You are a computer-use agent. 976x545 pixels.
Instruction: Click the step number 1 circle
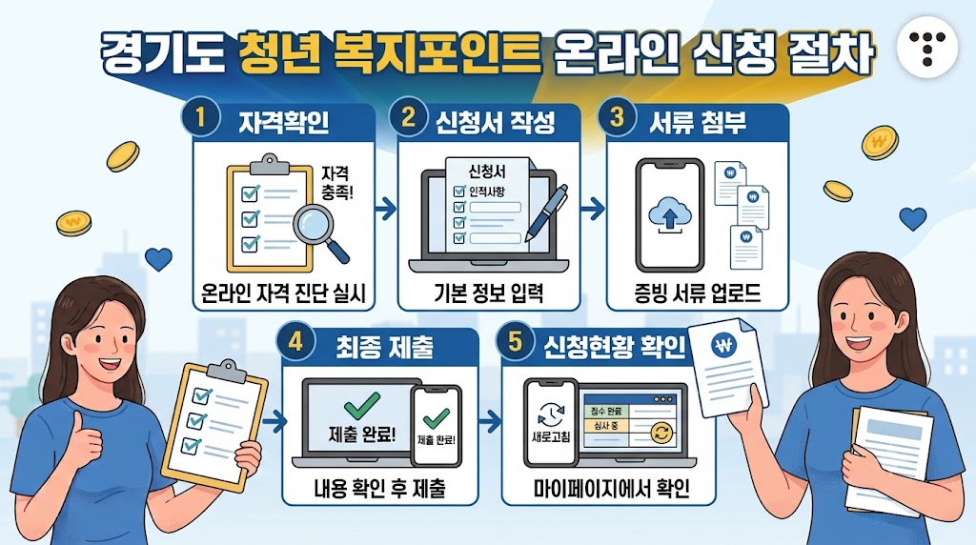(200, 117)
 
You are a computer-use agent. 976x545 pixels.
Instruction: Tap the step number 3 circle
(617, 117)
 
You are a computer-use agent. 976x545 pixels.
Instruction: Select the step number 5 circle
(515, 341)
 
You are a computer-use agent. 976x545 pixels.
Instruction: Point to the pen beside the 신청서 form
(546, 212)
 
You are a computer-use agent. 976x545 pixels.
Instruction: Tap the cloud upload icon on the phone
(670, 216)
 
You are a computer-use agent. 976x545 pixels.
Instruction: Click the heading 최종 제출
(384, 346)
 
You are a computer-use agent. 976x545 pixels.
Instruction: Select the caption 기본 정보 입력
(489, 293)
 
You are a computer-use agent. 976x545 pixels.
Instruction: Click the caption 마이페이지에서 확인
(611, 489)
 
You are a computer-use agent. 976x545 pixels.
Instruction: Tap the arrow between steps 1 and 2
(386, 208)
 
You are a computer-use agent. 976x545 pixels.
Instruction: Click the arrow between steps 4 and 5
(490, 422)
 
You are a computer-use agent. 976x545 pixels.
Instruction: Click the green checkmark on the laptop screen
(361, 406)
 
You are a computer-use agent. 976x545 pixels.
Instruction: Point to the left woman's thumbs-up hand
(85, 439)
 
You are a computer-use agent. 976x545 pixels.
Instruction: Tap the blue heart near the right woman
(912, 219)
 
